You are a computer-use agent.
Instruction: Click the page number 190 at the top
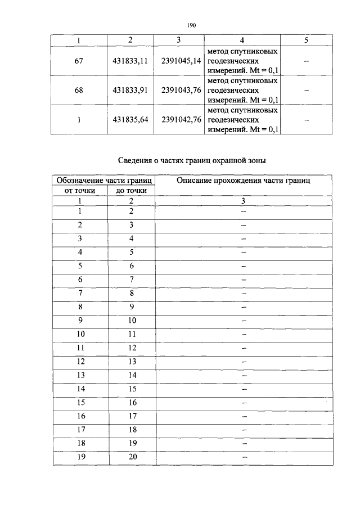pos(190,25)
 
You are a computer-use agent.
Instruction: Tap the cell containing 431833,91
pos(130,90)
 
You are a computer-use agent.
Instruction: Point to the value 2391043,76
pos(181,90)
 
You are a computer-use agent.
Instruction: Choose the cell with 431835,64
pos(130,119)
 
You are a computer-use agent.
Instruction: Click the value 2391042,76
pos(181,119)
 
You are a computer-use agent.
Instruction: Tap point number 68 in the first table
pos(79,90)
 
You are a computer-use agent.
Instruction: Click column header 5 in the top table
pos(306,40)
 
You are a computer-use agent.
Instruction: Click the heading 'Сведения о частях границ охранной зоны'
pos(192,160)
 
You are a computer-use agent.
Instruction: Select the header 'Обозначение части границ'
pos(103,181)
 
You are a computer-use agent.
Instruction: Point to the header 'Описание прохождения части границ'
pos(244,181)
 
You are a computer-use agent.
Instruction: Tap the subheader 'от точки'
pos(80,191)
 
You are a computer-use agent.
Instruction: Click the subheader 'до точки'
pos(131,191)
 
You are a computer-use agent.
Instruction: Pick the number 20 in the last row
pos(132,457)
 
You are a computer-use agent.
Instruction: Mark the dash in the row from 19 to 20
pos(244,458)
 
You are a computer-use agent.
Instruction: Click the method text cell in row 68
pos(242,90)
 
